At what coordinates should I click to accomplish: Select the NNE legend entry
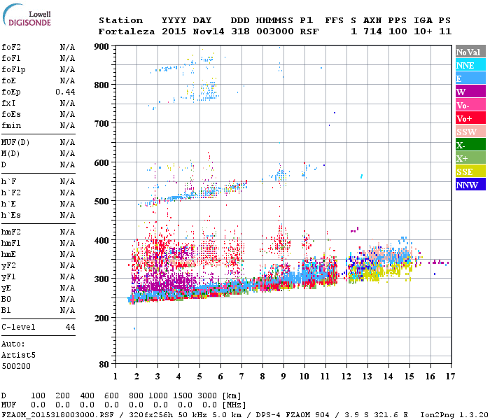(465, 65)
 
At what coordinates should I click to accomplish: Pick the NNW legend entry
(467, 185)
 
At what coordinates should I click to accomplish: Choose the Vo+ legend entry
(464, 118)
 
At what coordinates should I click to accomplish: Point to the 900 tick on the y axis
(101, 46)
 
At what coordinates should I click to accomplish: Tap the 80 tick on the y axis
(104, 365)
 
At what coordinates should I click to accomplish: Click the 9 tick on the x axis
(283, 376)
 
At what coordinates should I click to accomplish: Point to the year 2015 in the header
(175, 31)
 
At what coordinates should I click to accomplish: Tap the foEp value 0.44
(65, 92)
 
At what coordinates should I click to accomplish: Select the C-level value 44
(70, 327)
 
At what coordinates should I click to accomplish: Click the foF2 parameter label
(11, 47)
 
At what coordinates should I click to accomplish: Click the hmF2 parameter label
(11, 232)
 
